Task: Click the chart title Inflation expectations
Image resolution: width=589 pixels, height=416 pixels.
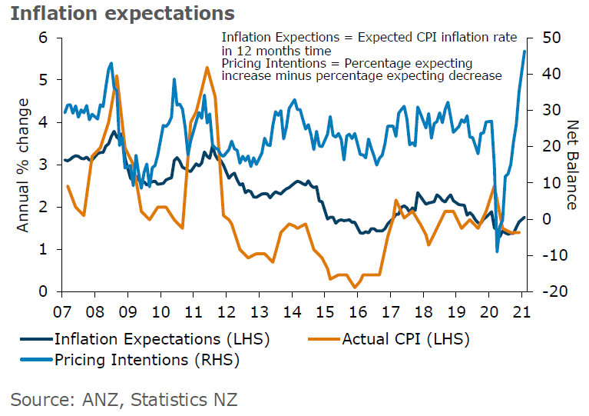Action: [x=122, y=14]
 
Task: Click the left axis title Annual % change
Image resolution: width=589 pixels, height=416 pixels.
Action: [x=24, y=165]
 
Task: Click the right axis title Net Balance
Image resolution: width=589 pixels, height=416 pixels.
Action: [x=572, y=165]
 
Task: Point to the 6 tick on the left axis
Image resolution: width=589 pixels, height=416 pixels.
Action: [x=43, y=38]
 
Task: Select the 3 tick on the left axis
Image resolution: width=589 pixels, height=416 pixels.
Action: [x=43, y=165]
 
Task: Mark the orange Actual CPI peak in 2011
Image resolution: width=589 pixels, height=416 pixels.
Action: [x=207, y=68]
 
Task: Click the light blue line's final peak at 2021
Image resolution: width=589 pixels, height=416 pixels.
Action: [x=524, y=51]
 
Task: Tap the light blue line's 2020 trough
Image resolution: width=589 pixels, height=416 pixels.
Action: [x=497, y=251]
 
